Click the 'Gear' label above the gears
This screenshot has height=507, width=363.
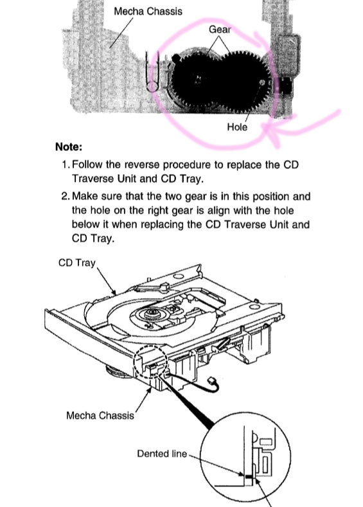click(220, 30)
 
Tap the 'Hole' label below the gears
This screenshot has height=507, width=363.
click(237, 127)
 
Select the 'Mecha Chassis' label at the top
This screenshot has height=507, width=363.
click(148, 12)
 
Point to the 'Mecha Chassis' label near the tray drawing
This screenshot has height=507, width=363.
click(100, 415)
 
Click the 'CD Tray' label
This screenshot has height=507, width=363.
click(77, 263)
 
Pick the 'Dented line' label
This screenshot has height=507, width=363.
click(162, 453)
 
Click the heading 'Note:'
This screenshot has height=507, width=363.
click(69, 147)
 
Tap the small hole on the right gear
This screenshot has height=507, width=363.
click(262, 83)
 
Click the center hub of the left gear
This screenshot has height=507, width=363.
click(198, 79)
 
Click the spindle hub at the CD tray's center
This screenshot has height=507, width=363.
click(151, 313)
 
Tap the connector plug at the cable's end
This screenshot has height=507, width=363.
click(213, 380)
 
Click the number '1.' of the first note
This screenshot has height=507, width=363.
click(66, 165)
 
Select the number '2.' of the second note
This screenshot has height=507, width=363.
click(66, 196)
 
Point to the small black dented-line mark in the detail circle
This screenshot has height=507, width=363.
click(248, 476)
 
